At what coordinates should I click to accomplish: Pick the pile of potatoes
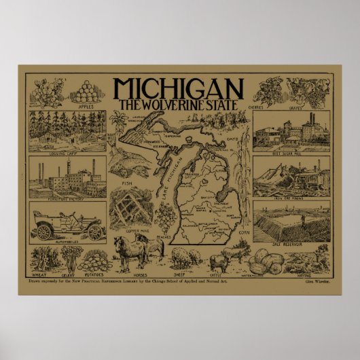click(94, 262)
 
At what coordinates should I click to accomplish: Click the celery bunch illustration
click(69, 257)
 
